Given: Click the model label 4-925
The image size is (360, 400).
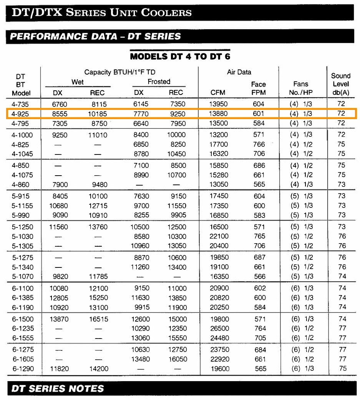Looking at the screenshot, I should coord(20,114).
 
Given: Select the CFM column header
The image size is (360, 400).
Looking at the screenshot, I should coord(218,93).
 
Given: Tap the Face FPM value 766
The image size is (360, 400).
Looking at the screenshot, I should coord(259,144).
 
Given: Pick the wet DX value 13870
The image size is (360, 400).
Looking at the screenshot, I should coord(59,319).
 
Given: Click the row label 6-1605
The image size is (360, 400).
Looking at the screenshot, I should coord(23,359).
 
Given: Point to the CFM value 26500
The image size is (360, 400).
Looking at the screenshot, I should coord(219,329).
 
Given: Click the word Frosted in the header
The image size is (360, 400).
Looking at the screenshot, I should coord(159,81).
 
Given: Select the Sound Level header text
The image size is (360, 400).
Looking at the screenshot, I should coord(340,84).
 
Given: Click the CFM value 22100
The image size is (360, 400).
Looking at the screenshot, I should coord(219,236).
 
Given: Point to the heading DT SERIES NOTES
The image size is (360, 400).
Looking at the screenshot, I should coord(58,388).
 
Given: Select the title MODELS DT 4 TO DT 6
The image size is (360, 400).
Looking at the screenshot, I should coord(180,56).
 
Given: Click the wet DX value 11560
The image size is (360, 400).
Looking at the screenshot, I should coord(59,227).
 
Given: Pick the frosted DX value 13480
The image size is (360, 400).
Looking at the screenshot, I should coord(139,359).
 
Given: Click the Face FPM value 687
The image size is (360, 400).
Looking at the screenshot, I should coord(259,257).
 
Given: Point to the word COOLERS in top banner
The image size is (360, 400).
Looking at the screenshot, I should coord(166,12).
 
